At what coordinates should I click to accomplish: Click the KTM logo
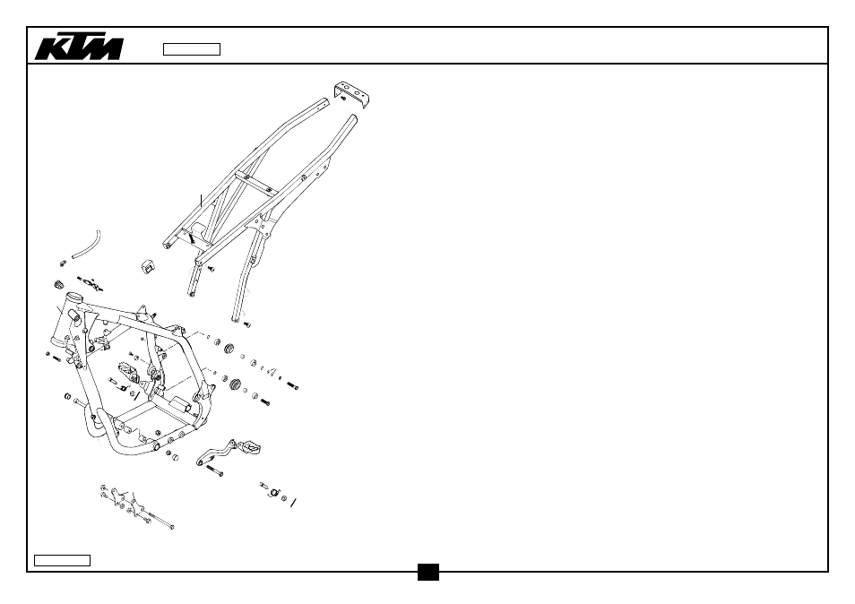point(79,48)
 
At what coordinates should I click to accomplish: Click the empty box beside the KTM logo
point(192,49)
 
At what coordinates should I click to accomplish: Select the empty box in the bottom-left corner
point(62,560)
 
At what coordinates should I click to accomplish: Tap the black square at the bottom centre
point(428,572)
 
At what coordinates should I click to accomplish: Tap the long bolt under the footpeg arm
point(214,470)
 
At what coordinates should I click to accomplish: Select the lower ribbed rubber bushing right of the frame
point(236,384)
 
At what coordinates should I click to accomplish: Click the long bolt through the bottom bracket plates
point(159,520)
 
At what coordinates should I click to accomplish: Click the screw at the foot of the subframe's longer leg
point(246,325)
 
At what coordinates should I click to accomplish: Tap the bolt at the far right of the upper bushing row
point(292,385)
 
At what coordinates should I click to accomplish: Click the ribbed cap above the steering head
point(58,285)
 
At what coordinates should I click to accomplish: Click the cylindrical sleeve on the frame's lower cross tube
point(180,406)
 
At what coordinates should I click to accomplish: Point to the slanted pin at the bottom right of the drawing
point(293,502)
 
